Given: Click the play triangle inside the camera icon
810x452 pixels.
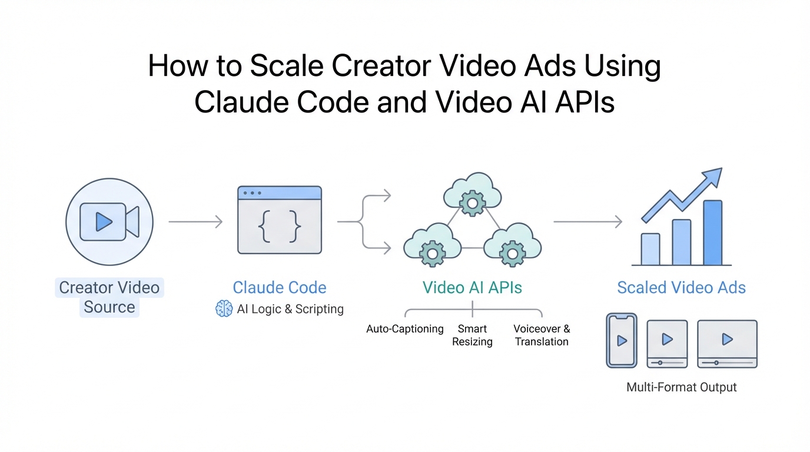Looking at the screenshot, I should pyautogui.click(x=104, y=221).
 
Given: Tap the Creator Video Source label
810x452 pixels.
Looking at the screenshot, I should pyautogui.click(x=109, y=297).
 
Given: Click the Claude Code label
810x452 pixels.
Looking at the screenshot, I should pyautogui.click(x=280, y=288).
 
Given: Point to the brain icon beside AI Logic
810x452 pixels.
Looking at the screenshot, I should pyautogui.click(x=224, y=309).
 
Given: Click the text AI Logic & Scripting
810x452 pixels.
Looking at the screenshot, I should pyautogui.click(x=290, y=309).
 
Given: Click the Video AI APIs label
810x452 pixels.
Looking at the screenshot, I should pyautogui.click(x=472, y=288).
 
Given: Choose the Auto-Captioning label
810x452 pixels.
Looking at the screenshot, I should pyautogui.click(x=405, y=329).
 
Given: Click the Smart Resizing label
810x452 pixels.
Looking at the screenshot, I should pyautogui.click(x=472, y=335).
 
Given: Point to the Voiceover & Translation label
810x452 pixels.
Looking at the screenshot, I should pyautogui.click(x=542, y=335).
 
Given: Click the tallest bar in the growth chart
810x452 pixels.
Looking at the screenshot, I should pyautogui.click(x=712, y=233).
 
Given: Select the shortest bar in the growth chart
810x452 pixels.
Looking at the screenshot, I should pyautogui.click(x=650, y=250).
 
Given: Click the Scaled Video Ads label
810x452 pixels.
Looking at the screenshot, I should pyautogui.click(x=681, y=288).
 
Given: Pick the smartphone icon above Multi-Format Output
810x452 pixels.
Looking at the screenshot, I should pyautogui.click(x=622, y=340).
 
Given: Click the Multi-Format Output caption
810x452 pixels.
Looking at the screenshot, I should pyautogui.click(x=681, y=387).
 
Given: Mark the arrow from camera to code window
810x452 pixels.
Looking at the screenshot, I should pyautogui.click(x=195, y=222).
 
